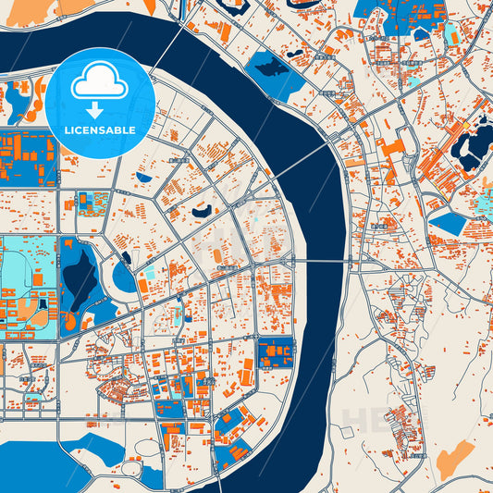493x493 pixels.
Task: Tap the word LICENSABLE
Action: (99, 130)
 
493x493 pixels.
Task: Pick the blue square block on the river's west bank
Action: (275, 354)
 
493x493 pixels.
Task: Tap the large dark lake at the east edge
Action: (475, 147)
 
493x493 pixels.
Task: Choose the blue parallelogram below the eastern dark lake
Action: (450, 222)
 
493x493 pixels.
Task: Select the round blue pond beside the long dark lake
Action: (123, 277)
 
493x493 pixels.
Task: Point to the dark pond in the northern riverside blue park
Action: (269, 68)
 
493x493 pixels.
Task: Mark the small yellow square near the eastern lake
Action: (467, 125)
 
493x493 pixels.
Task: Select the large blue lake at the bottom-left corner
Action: (37, 462)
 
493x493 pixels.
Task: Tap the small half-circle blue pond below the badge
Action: (143, 176)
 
